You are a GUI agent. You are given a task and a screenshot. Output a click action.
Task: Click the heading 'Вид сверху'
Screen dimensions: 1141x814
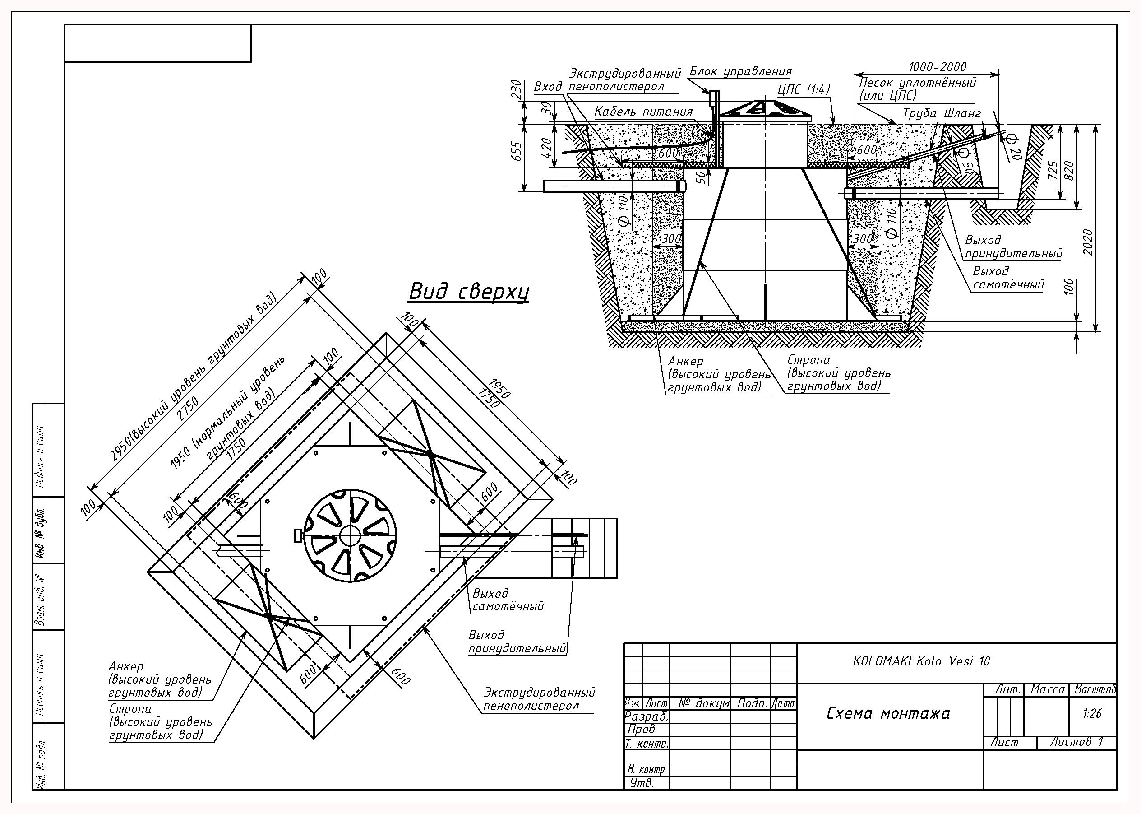point(469,292)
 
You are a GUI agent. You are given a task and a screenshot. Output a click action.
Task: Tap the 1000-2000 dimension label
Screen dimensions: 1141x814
point(938,67)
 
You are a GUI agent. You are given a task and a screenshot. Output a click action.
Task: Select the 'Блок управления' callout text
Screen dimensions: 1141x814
point(741,72)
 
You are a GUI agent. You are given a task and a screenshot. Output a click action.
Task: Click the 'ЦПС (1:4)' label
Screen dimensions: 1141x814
point(804,90)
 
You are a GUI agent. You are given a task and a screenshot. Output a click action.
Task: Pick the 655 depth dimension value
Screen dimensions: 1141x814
point(517,151)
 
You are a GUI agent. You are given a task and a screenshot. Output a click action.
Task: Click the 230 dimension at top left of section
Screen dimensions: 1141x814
point(517,90)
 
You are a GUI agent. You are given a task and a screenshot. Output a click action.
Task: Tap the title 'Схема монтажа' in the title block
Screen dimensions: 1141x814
point(888,713)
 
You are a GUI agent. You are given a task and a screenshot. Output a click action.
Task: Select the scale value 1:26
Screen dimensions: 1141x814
point(1092,713)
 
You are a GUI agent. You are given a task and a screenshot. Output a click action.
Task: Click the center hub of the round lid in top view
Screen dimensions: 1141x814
point(350,536)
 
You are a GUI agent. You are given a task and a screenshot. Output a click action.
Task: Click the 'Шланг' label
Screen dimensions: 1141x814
point(962,113)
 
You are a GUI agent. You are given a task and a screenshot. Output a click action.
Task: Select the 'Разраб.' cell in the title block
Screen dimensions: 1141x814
point(646,717)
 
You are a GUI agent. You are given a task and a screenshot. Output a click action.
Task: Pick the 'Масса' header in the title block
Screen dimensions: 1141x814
point(1047,690)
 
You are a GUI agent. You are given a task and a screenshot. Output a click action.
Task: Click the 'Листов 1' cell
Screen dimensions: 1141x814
point(1076,742)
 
